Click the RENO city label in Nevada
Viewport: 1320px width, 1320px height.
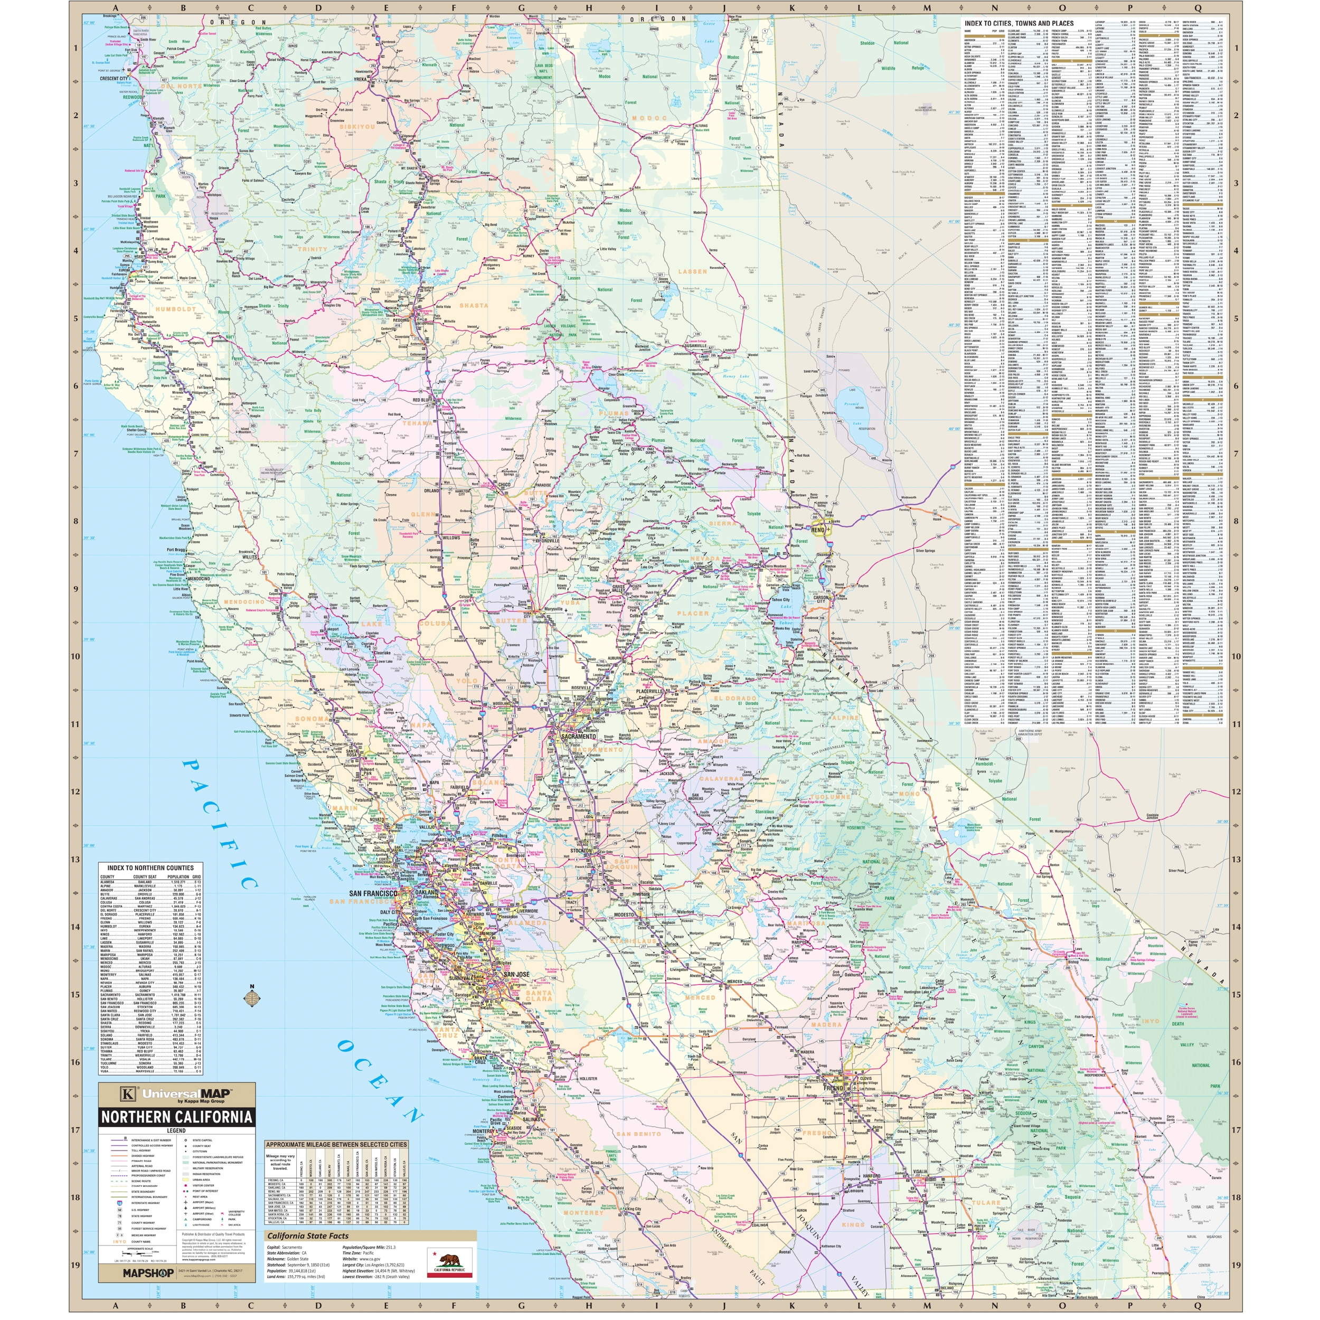click(x=818, y=530)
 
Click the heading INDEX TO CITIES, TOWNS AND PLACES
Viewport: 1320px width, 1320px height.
click(x=1019, y=23)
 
